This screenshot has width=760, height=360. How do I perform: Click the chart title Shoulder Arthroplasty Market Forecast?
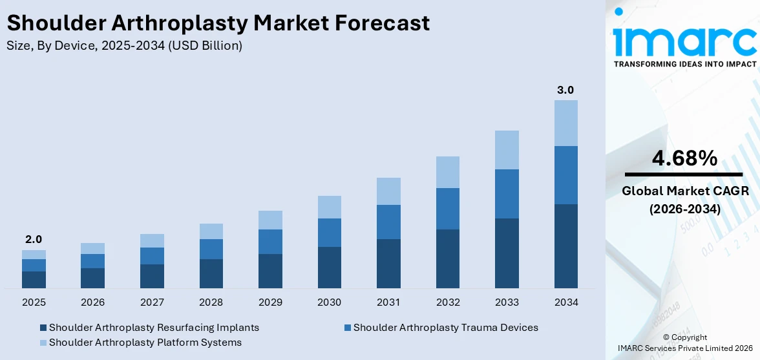(x=218, y=23)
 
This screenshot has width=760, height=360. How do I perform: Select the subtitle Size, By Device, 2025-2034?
(x=124, y=46)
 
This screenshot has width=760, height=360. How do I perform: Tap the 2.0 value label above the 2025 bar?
(x=34, y=239)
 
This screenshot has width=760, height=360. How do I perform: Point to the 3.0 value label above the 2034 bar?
(x=565, y=90)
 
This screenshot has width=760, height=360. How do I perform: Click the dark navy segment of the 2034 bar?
(x=565, y=246)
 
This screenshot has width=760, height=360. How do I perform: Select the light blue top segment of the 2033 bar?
(x=507, y=150)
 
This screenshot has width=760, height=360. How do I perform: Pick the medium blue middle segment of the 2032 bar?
(x=447, y=209)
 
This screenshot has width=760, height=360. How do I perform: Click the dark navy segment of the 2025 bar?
(x=34, y=279)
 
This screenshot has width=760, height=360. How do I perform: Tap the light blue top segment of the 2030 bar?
(x=329, y=207)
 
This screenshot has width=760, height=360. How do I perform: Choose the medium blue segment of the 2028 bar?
(x=211, y=249)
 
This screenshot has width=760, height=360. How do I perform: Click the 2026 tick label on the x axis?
(x=92, y=302)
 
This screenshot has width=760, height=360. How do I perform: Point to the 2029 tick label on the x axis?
(x=270, y=302)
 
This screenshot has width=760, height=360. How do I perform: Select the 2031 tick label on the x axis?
(x=388, y=302)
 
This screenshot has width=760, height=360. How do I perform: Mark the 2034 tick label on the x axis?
(x=565, y=302)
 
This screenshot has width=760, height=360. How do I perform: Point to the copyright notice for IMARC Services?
(x=684, y=343)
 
